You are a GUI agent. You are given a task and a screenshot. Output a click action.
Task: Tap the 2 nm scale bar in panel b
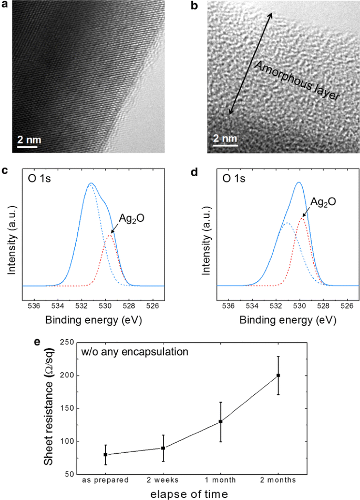224,146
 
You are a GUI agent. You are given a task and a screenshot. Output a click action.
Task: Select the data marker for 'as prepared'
106,454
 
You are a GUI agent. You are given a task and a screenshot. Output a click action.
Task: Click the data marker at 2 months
279,375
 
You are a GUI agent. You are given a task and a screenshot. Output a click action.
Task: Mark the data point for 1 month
221,421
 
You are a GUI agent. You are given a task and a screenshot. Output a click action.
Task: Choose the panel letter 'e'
37,342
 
